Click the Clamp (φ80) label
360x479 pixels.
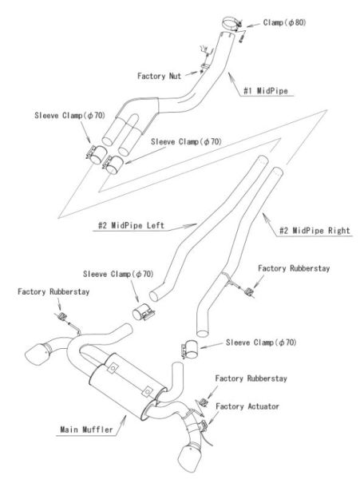click(284, 22)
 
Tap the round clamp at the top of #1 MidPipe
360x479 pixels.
click(232, 23)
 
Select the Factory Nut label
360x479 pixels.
click(159, 76)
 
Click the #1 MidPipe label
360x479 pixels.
click(265, 91)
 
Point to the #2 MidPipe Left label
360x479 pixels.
click(131, 225)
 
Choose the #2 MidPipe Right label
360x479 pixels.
click(315, 231)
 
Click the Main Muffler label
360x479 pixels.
click(86, 430)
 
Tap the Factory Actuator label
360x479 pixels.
click(247, 406)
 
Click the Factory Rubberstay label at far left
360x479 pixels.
click(53, 291)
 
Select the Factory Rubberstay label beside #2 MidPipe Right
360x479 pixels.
click(294, 268)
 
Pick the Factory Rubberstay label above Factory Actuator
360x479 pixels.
click(251, 378)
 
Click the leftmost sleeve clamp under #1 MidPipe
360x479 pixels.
click(96, 155)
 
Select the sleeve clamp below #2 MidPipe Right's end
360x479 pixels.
click(189, 349)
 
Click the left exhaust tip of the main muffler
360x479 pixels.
click(37, 354)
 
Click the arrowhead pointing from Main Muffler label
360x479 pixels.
click(124, 418)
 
